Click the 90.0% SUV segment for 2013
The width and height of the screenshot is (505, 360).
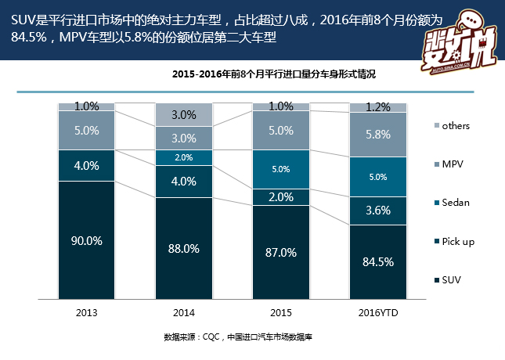click(86, 241)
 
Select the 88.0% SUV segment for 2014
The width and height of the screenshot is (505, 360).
click(183, 248)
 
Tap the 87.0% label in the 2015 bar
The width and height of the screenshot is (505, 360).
click(280, 252)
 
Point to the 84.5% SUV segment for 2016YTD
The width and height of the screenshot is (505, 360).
click(378, 262)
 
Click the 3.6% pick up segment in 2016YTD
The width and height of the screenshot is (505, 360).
click(378, 211)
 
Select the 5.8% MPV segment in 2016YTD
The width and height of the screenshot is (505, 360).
click(378, 135)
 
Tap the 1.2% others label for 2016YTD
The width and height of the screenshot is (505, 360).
click(378, 107)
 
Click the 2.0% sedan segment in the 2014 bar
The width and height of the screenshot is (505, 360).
click(183, 157)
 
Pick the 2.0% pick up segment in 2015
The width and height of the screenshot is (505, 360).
click(280, 197)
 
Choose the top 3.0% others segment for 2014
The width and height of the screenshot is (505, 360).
click(183, 114)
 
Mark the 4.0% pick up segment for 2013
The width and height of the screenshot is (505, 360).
click(86, 166)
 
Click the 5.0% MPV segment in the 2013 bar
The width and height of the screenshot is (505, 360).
click(86, 131)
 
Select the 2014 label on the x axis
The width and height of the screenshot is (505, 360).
click(183, 313)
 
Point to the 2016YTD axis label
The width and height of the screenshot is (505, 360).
click(378, 313)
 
